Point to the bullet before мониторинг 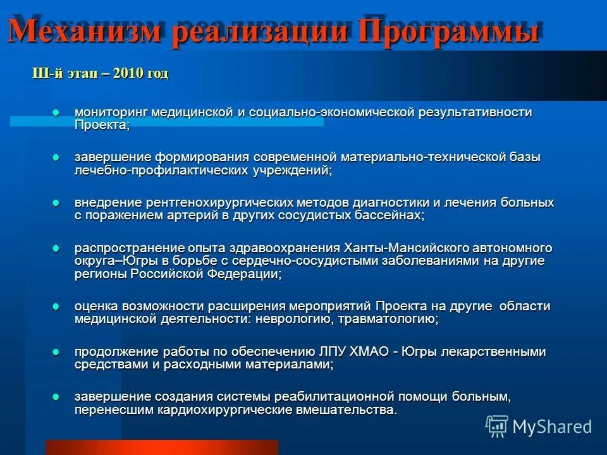[x=56, y=112]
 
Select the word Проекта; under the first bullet [x=102, y=125]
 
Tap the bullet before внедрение [x=56, y=203]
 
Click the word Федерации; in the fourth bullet [x=248, y=274]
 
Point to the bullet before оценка [x=56, y=306]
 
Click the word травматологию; [x=388, y=319]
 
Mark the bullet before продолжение [x=56, y=352]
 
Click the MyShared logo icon [x=497, y=427]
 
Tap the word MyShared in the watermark [x=552, y=427]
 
